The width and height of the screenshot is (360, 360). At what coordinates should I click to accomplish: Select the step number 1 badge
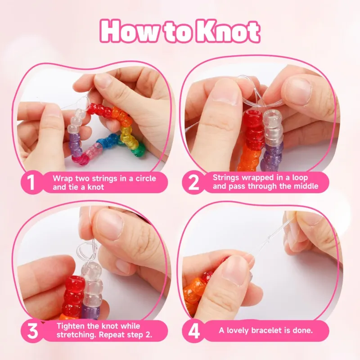point(31,183)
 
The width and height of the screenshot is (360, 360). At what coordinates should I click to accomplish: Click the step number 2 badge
point(193,183)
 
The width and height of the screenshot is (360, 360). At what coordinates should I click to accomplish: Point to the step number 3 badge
point(32,331)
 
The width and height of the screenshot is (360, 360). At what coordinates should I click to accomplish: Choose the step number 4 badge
point(193,331)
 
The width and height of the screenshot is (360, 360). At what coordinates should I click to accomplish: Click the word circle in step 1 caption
point(145,178)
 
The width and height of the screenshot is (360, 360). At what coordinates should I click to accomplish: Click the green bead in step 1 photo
point(138,150)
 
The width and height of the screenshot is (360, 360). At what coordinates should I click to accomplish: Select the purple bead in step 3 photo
point(90,311)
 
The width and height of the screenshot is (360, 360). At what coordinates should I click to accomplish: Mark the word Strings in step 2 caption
point(224,178)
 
